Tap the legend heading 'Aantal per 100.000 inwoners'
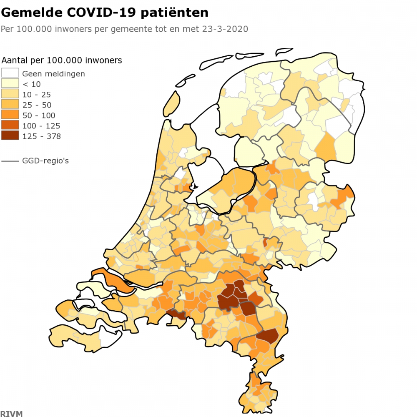62,60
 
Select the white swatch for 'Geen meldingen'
10,73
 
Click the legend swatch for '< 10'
10,84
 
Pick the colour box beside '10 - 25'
10,94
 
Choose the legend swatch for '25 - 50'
10,105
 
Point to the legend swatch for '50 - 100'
10,115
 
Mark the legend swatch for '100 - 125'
10,126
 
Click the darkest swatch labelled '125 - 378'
10,136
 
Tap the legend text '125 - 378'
41,136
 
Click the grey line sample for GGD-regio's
10,161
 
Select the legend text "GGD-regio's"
45,161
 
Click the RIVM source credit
11,414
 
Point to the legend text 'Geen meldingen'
53,74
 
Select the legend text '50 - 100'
39,116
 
